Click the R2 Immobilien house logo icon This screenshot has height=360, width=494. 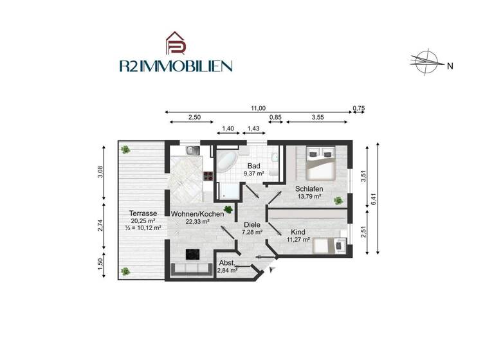pos(176,43)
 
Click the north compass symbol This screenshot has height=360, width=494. pos(425,62)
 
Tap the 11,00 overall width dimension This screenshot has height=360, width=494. pos(258,109)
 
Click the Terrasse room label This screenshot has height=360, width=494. pos(142,213)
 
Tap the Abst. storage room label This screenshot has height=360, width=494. pos(226,262)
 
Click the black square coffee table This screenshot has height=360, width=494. pos(193,253)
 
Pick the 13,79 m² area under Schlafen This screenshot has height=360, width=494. pos(309,197)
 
